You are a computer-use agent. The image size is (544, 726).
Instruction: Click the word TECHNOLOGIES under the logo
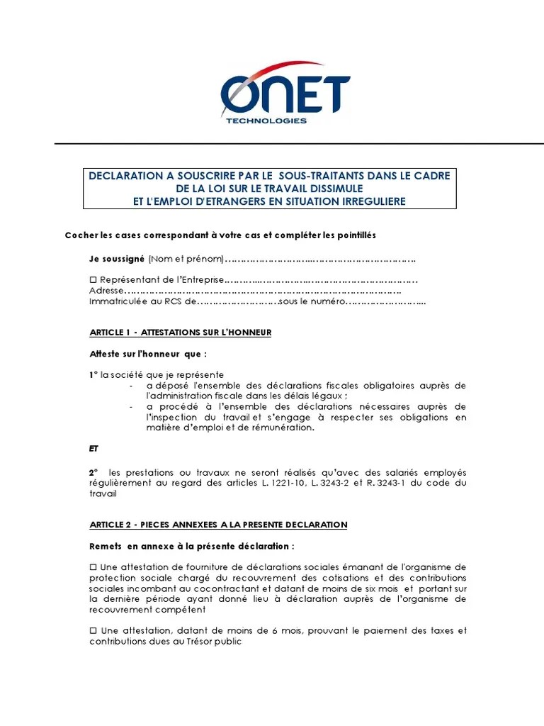(x=266, y=121)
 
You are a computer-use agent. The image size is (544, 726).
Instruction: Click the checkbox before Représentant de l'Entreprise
(x=93, y=279)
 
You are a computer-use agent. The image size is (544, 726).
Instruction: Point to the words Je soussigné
(x=117, y=259)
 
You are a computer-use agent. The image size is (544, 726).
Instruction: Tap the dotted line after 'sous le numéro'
(x=385, y=302)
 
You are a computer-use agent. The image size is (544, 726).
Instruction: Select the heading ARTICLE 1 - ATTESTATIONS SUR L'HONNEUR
(x=181, y=332)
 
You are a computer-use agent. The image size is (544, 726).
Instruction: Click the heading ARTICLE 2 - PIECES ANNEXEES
(x=218, y=525)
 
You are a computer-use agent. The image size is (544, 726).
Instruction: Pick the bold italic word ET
(x=95, y=448)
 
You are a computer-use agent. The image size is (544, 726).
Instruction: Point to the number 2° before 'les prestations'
(x=93, y=472)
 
